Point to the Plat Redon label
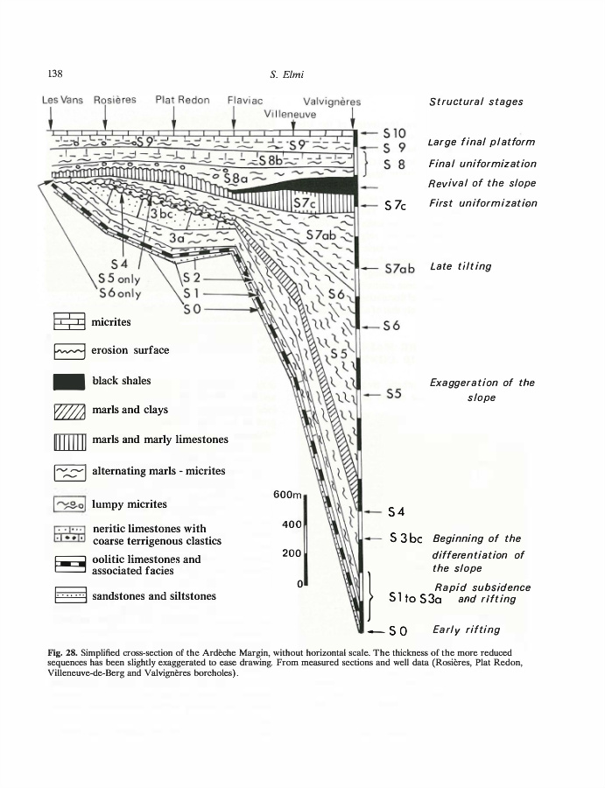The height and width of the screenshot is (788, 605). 182,100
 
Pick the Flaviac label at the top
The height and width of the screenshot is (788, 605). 245,100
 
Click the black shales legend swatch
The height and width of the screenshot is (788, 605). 69,381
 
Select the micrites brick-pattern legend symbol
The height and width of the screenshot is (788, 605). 69,322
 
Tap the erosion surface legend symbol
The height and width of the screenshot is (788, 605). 69,351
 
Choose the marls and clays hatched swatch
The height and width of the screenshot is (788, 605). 69,410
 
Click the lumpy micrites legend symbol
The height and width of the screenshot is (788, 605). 69,504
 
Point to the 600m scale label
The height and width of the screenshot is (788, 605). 288,495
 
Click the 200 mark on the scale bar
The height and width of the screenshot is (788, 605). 292,553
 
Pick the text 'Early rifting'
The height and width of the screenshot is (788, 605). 467,629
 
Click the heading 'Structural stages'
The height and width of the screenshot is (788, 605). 475,102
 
